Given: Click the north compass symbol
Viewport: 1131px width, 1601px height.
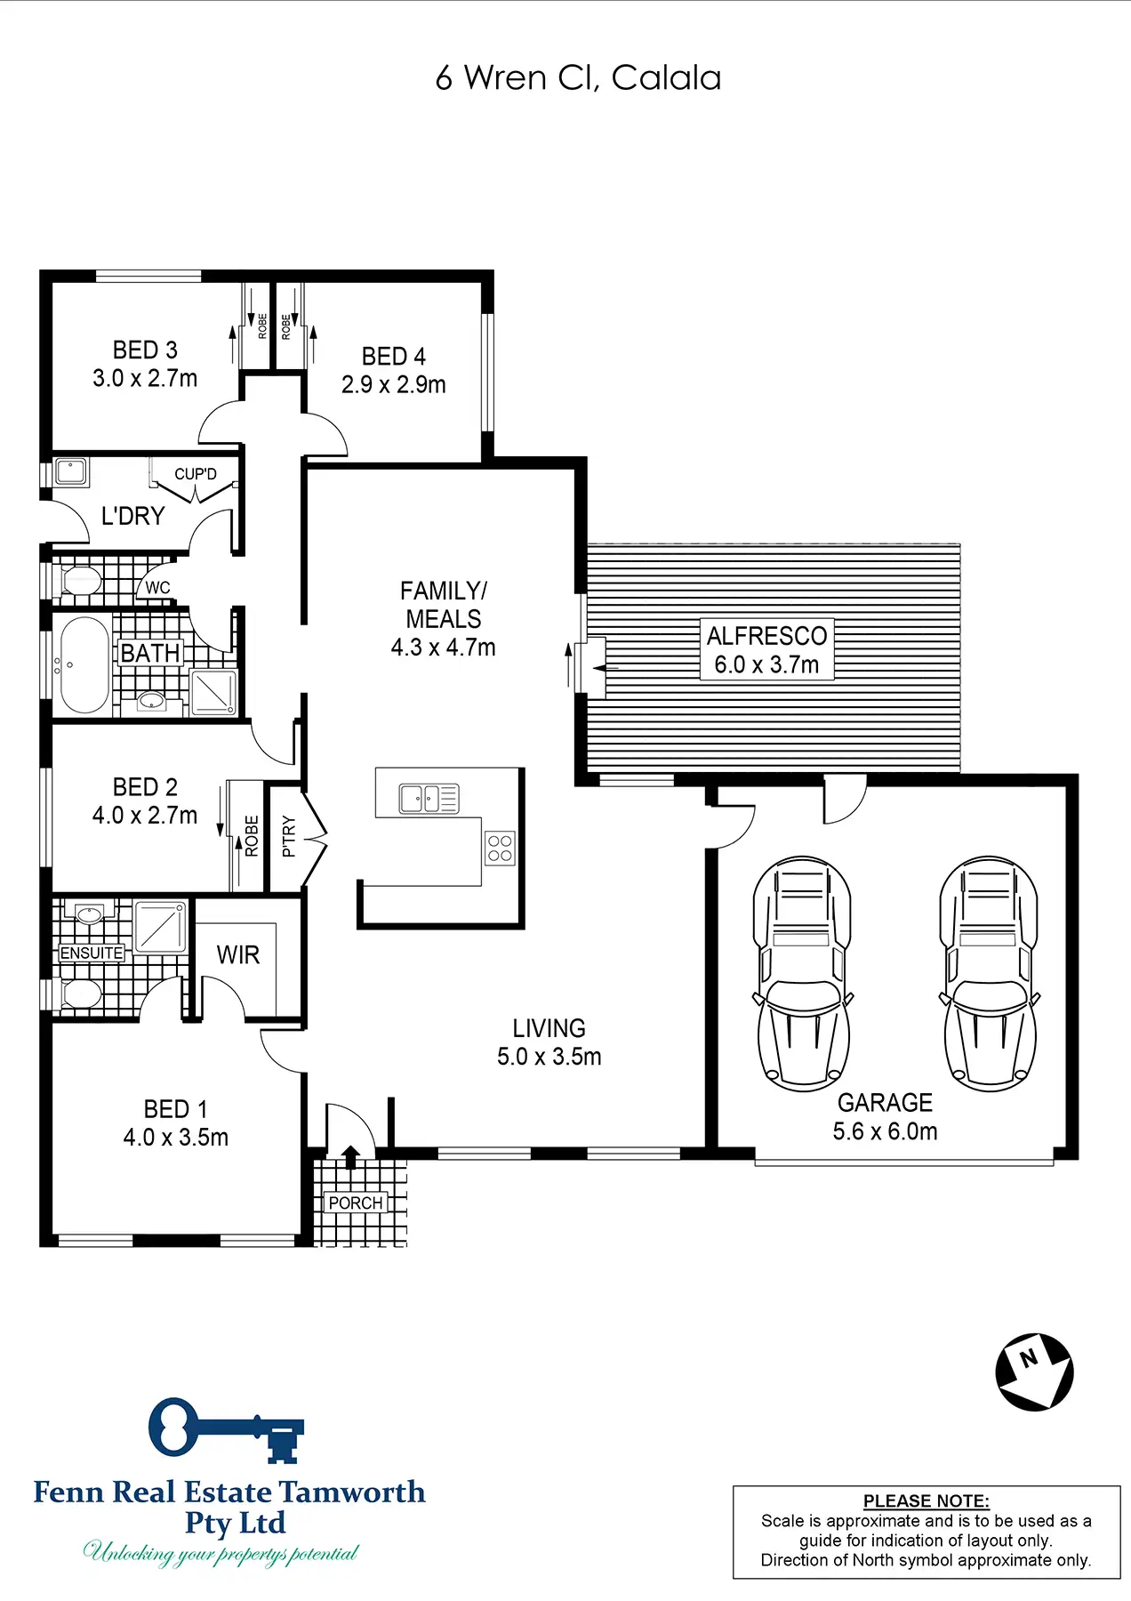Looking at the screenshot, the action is (x=1034, y=1372).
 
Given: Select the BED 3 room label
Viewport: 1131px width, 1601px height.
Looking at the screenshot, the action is (x=145, y=350).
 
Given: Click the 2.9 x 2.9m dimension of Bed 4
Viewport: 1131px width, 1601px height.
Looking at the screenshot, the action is (x=394, y=385).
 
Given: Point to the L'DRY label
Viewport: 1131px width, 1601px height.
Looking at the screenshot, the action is (x=133, y=516).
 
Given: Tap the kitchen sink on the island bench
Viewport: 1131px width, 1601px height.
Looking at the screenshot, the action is (x=429, y=799).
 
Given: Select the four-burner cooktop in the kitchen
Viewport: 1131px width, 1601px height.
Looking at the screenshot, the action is (x=500, y=848).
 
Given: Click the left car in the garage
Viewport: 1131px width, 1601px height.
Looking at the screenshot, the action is (x=803, y=974).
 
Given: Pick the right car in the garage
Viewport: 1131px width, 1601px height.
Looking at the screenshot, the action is (x=990, y=974).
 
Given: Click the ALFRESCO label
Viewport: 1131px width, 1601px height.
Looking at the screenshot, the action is (x=767, y=636).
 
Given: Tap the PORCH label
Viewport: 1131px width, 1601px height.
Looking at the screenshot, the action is (x=356, y=1203).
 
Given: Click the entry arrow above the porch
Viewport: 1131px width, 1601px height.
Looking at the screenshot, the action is (x=350, y=1156).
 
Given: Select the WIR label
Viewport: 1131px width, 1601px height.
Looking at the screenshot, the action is (x=238, y=955).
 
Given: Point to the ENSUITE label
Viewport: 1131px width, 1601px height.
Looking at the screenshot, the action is (x=92, y=953).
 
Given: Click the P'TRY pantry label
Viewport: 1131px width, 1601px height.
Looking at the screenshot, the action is (x=288, y=836).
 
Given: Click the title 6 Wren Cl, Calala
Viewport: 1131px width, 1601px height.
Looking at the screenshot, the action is (x=578, y=78).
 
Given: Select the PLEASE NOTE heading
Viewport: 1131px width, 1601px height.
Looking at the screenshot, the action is (x=926, y=1501).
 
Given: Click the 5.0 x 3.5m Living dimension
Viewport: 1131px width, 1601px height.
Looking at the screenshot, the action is (x=549, y=1057).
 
